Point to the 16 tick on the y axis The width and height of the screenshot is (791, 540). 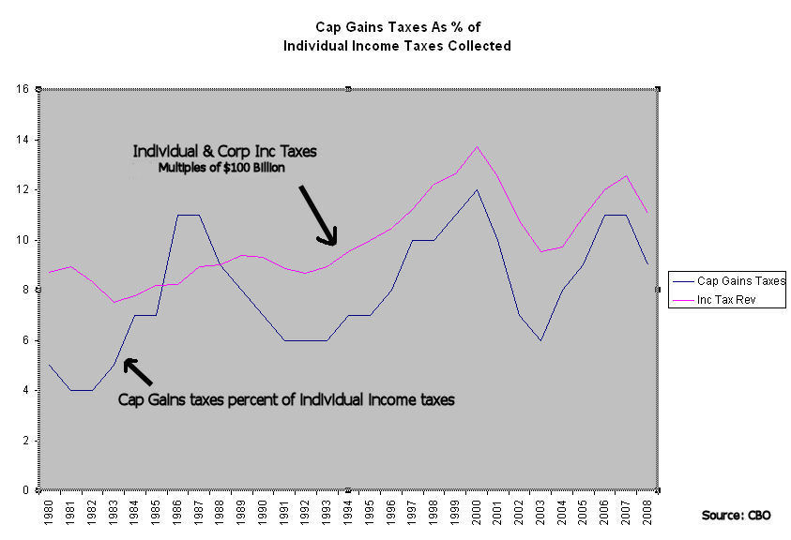(x=23, y=89)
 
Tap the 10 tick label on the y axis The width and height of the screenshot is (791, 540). (x=23, y=240)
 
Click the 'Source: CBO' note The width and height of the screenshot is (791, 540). (x=738, y=516)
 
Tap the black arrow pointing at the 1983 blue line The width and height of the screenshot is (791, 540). (x=138, y=372)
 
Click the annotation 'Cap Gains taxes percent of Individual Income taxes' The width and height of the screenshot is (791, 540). (x=286, y=398)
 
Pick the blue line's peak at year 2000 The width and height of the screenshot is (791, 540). (x=478, y=189)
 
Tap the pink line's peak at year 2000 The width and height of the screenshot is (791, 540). (x=478, y=146)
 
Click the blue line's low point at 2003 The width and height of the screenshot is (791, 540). (x=541, y=339)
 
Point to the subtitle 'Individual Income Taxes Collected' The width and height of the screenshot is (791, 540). (x=398, y=46)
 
